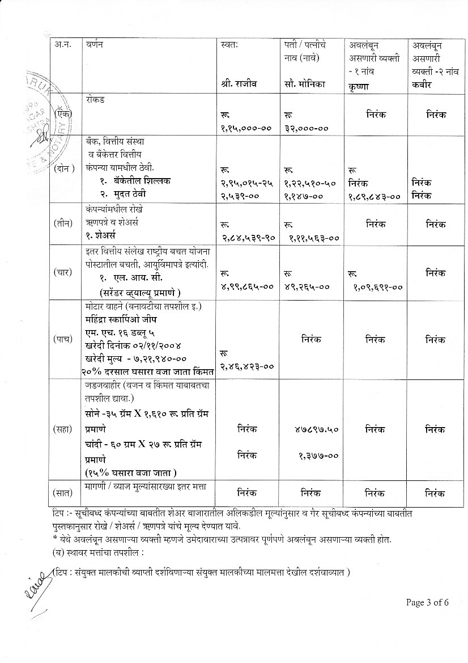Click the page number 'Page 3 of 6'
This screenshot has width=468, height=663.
click(427, 602)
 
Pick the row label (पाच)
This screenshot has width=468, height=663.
click(64, 339)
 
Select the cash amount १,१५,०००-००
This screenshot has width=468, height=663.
click(246, 128)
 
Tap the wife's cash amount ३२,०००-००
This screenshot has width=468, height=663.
click(307, 128)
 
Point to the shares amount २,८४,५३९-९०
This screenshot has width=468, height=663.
click(248, 239)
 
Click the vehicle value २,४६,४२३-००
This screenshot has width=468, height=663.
click(247, 366)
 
